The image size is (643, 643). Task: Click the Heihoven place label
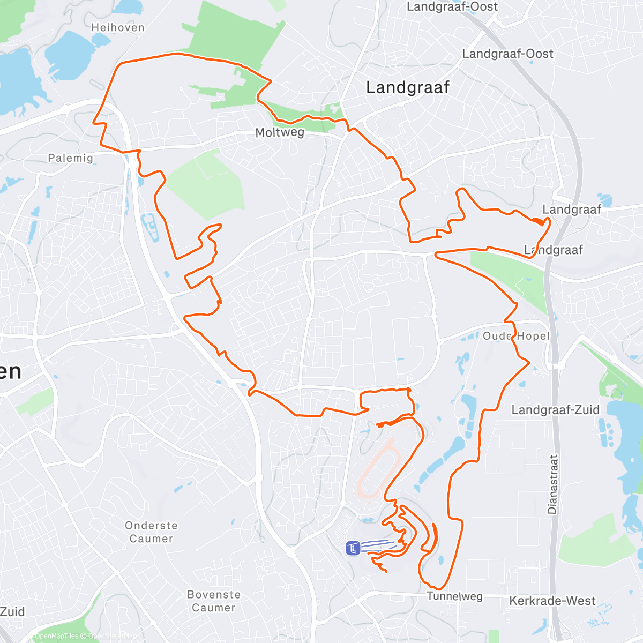[x=117, y=27]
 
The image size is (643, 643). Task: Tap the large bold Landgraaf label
[x=407, y=87]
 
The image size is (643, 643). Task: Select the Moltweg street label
[x=280, y=132]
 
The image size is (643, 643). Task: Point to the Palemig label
[x=70, y=158]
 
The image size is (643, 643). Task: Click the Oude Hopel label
[x=516, y=336]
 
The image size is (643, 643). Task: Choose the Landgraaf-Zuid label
[x=555, y=410]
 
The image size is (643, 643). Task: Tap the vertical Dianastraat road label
[x=552, y=484]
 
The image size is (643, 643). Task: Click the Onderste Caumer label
[x=151, y=532]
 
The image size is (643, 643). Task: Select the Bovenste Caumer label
[x=214, y=601]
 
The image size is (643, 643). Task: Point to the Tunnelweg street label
[x=454, y=596]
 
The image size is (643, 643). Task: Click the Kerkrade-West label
[x=552, y=601]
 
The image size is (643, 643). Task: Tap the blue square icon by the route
[x=353, y=548]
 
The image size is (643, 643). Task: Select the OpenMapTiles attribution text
[x=56, y=636]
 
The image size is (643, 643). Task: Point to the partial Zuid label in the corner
[x=12, y=612]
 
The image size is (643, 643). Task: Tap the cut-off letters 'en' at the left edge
[x=11, y=371]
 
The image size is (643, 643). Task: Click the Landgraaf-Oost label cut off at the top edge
[x=452, y=6]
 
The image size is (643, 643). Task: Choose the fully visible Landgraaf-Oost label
[x=507, y=54]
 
